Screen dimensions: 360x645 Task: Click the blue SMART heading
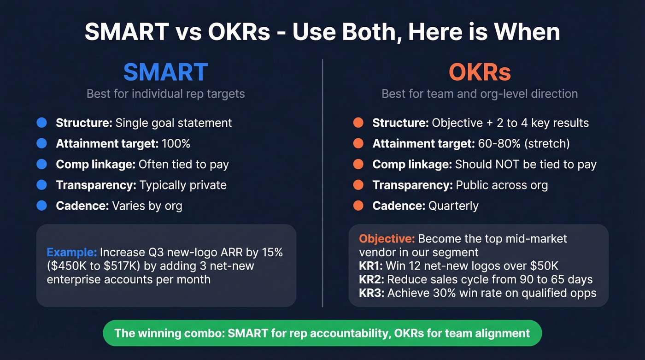tap(165, 72)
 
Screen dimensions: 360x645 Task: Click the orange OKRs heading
tap(480, 72)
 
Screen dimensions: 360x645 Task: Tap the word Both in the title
tap(369, 32)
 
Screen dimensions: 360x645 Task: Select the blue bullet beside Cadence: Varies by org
tap(41, 206)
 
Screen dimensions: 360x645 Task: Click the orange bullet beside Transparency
tap(358, 185)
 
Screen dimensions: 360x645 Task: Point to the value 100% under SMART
tap(176, 144)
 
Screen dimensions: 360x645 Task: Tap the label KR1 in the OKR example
tap(370, 266)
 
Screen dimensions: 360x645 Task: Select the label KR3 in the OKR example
tap(371, 293)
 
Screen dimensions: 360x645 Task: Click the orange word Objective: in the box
tap(387, 239)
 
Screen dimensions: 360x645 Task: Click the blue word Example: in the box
tap(72, 253)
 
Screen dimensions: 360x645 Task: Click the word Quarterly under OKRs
tap(453, 206)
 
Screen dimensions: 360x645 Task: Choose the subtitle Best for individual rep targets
tap(165, 94)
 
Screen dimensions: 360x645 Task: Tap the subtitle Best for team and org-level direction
tap(480, 94)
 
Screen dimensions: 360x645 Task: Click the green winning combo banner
tap(322, 333)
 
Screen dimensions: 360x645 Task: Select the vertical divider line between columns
tap(322, 184)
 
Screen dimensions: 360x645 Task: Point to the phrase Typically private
tap(183, 185)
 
